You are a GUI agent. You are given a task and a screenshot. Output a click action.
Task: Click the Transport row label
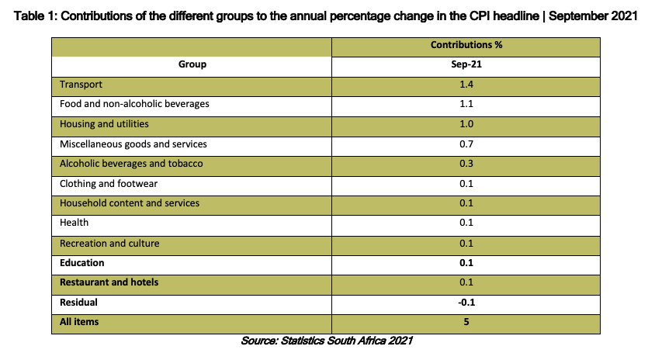click(x=81, y=85)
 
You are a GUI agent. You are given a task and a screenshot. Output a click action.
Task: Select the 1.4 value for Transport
click(x=466, y=85)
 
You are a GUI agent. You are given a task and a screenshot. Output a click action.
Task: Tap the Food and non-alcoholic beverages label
click(x=134, y=103)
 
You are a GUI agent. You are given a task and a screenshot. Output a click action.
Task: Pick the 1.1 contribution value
click(x=466, y=103)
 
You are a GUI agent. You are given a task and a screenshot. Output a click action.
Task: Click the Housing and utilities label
click(x=104, y=124)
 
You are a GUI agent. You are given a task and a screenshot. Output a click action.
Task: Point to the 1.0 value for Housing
click(x=466, y=124)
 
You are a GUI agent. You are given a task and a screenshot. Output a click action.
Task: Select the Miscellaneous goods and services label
click(x=133, y=144)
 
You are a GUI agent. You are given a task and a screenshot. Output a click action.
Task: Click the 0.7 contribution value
click(x=466, y=144)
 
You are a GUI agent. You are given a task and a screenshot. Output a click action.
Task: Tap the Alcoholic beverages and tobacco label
click(x=131, y=163)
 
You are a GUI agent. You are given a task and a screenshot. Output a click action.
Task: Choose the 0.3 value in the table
click(x=466, y=163)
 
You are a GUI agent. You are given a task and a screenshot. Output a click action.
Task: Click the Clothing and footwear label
click(x=109, y=184)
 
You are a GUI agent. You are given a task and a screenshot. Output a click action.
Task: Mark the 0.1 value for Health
click(x=466, y=223)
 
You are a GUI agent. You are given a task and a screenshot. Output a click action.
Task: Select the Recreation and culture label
click(x=109, y=244)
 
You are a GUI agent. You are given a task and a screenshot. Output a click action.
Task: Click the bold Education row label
click(x=82, y=263)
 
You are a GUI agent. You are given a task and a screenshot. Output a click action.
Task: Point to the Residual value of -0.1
click(x=466, y=303)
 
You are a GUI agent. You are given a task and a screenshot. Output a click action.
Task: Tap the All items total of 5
click(x=466, y=322)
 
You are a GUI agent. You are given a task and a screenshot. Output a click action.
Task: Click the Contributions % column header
click(x=466, y=45)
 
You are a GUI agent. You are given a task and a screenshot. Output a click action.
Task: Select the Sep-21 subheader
click(x=466, y=64)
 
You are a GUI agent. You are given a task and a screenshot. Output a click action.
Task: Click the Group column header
click(x=192, y=64)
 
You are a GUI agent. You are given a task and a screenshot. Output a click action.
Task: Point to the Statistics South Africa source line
click(x=327, y=341)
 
